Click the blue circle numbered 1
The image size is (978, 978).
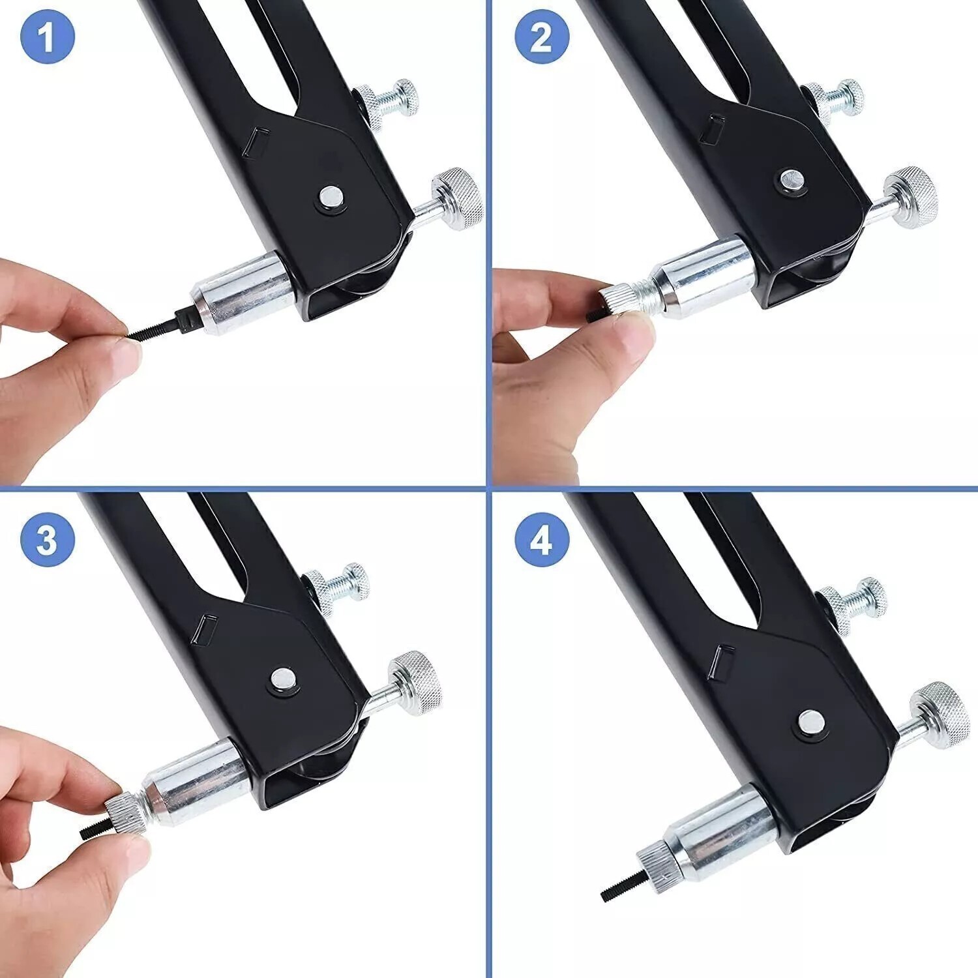[48, 37]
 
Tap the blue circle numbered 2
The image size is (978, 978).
[542, 37]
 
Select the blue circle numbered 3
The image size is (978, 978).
[48, 539]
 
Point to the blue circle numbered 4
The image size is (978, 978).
[542, 539]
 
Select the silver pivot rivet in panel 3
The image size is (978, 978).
[283, 679]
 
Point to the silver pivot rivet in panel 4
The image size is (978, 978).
[811, 720]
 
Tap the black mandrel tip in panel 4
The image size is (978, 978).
[619, 883]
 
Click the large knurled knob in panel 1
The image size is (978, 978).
[458, 199]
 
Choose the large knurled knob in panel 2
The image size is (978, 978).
[911, 197]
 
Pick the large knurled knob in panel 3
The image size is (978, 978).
[415, 682]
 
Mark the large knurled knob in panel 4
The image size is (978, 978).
[940, 715]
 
